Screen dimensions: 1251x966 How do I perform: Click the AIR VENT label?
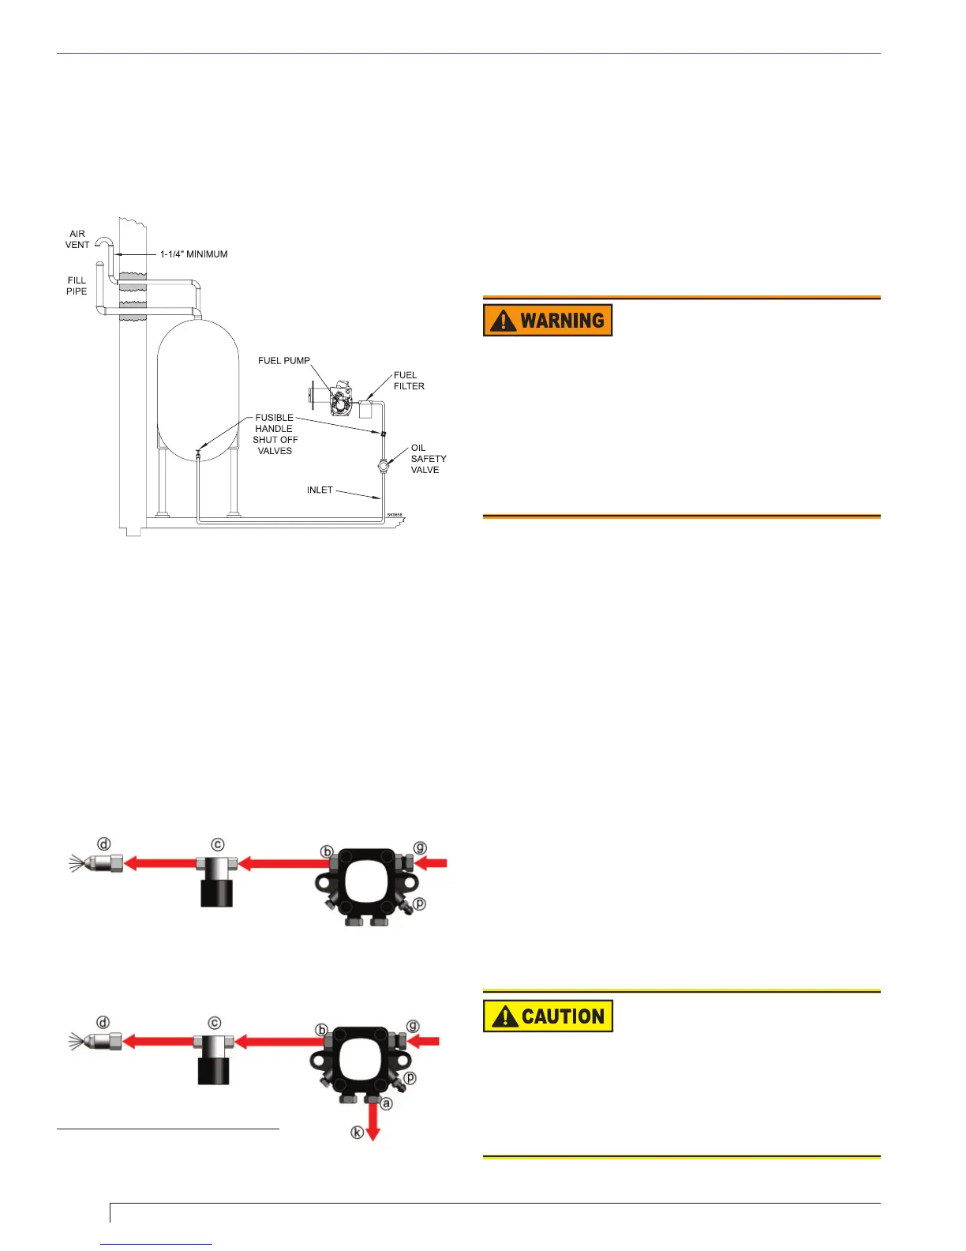coord(77,239)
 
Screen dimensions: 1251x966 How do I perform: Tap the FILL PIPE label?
coord(77,286)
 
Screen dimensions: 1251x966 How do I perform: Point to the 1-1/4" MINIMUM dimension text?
coord(193,254)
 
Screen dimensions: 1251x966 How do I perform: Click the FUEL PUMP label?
coord(284,361)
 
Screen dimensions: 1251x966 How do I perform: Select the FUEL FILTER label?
coord(409,381)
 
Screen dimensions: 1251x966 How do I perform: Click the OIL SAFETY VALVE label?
coord(428,459)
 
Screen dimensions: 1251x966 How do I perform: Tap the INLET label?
coord(320,490)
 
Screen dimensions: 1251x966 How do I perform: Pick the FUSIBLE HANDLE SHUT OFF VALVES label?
coord(275,434)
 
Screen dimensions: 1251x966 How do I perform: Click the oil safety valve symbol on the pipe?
coord(384,465)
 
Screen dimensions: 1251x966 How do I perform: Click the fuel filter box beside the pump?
coord(365,410)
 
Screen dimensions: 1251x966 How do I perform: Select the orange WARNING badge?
coord(548,320)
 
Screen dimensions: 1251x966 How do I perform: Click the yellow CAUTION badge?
coord(548,1016)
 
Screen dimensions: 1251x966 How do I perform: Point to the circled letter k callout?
coord(358,1133)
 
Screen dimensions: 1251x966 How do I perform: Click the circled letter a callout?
coord(387,1103)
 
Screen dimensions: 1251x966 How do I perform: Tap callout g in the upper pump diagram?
coord(421,848)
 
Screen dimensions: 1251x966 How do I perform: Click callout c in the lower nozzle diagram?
coord(215,1023)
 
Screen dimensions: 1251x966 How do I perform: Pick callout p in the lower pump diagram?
coord(410,1078)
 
